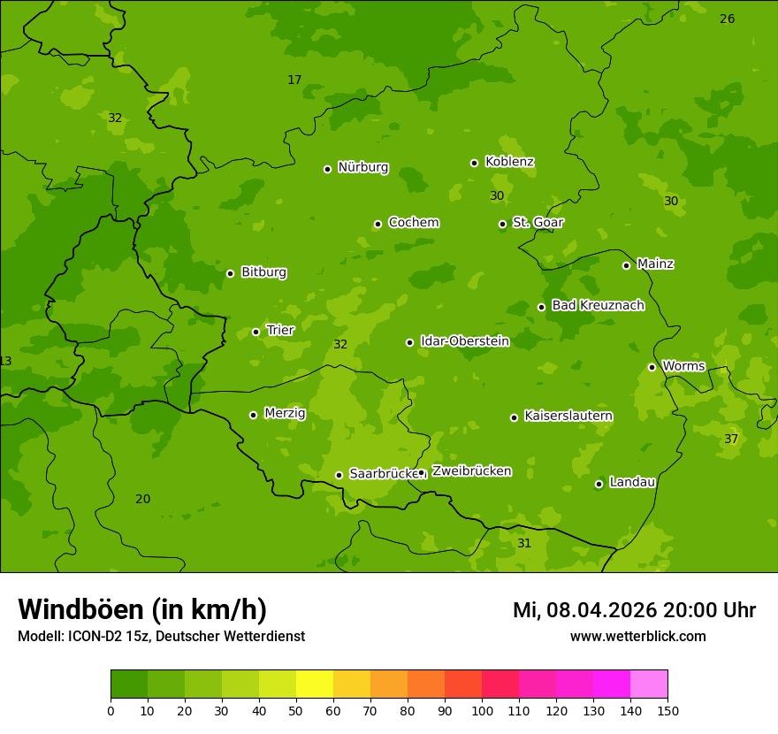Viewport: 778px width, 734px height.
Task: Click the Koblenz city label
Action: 509,162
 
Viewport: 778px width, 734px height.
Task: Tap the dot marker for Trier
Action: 256,332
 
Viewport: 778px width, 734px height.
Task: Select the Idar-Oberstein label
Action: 464,340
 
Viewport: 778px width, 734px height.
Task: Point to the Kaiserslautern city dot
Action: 514,417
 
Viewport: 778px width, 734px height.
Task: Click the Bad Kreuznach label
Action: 598,305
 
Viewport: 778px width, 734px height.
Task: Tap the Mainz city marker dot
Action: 626,265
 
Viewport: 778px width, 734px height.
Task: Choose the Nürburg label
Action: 362,167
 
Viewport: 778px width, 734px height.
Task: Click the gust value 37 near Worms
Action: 731,439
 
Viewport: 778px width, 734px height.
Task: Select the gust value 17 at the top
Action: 294,80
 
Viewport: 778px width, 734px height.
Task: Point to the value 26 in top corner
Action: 727,19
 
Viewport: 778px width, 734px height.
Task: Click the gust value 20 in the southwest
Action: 142,499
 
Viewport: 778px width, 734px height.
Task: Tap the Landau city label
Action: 632,482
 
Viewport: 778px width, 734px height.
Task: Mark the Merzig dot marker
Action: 253,415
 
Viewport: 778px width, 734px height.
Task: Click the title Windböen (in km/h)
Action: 142,609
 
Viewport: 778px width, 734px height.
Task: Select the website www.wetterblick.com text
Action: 637,636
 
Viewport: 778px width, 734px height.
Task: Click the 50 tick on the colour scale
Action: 296,710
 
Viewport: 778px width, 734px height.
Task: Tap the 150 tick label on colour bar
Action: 667,710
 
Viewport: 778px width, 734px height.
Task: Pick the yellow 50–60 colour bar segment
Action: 315,684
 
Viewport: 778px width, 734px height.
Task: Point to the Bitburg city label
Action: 263,271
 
